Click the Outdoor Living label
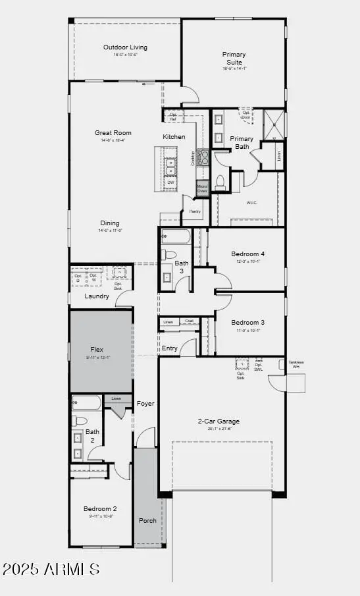(x=125, y=47)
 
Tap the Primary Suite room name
(x=234, y=58)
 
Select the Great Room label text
(x=109, y=133)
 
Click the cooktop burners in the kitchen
(x=203, y=157)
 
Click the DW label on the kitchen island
(x=170, y=182)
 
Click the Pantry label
(x=195, y=211)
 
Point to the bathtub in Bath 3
(x=175, y=236)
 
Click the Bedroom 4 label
(x=247, y=254)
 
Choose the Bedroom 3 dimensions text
(x=247, y=330)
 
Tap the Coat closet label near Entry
(x=189, y=321)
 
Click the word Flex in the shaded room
(x=97, y=350)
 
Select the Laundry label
(x=97, y=296)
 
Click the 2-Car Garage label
(x=219, y=421)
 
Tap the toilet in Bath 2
(x=78, y=420)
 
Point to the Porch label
(x=147, y=520)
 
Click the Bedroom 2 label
(x=100, y=508)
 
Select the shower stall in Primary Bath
(x=274, y=122)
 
